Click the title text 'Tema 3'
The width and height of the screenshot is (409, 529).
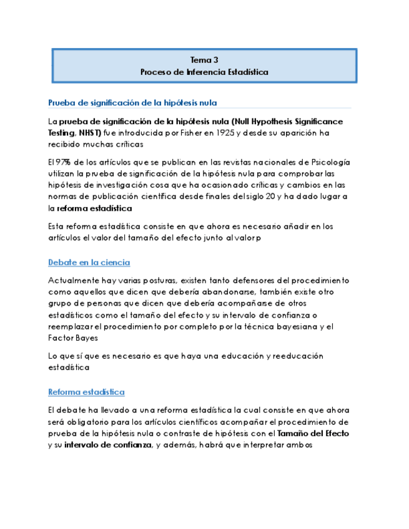pyautogui.click(x=204, y=60)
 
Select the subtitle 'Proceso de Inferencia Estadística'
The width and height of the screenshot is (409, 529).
pyautogui.click(x=204, y=72)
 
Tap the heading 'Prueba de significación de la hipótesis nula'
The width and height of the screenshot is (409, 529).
pyautogui.click(x=132, y=102)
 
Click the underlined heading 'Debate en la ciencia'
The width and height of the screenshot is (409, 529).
pyautogui.click(x=89, y=263)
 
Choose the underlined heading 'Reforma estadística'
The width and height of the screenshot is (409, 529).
pyautogui.click(x=86, y=392)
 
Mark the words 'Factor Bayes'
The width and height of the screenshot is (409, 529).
pyautogui.click(x=72, y=337)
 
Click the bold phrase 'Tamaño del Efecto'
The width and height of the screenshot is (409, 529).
pyautogui.click(x=313, y=433)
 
